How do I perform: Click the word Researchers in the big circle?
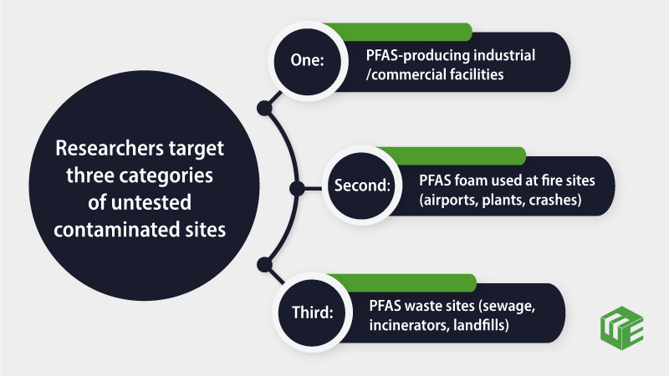click(110, 149)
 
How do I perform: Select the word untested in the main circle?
click(151, 202)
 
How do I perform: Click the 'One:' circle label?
click(307, 60)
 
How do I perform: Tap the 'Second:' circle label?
click(362, 185)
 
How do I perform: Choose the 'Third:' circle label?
click(312, 312)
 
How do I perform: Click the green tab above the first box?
click(396, 32)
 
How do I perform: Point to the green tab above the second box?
click(451, 155)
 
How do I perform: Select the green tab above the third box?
click(401, 282)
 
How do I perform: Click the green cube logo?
click(621, 328)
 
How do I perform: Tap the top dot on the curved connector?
click(264, 108)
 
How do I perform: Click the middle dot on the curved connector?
click(297, 189)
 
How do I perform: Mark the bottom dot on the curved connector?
click(264, 265)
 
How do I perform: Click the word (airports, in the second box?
click(448, 200)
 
